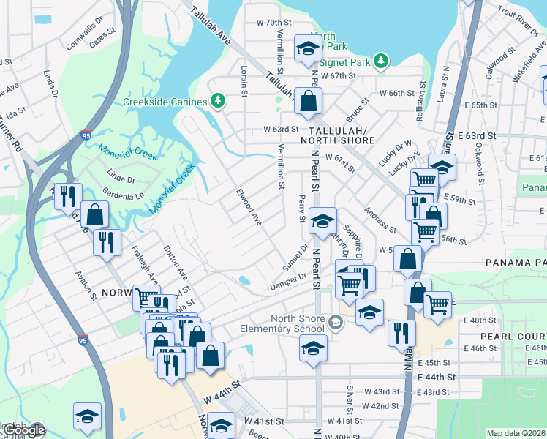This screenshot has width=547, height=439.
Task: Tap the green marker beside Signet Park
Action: pos(380,60)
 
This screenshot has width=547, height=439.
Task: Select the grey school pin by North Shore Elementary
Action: pos(336,322)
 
